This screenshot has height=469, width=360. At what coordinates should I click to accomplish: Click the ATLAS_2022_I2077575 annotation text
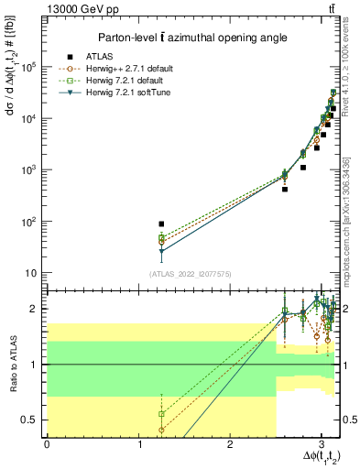[x=190, y=273]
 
